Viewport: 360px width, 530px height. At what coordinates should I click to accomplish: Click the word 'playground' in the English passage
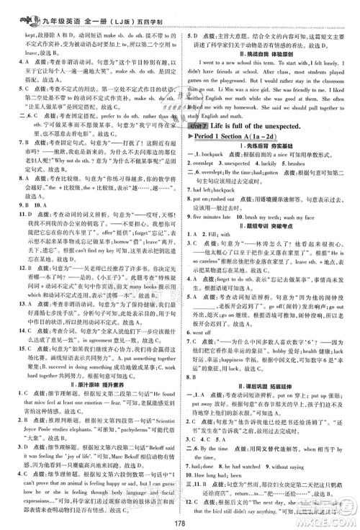click(237, 71)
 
